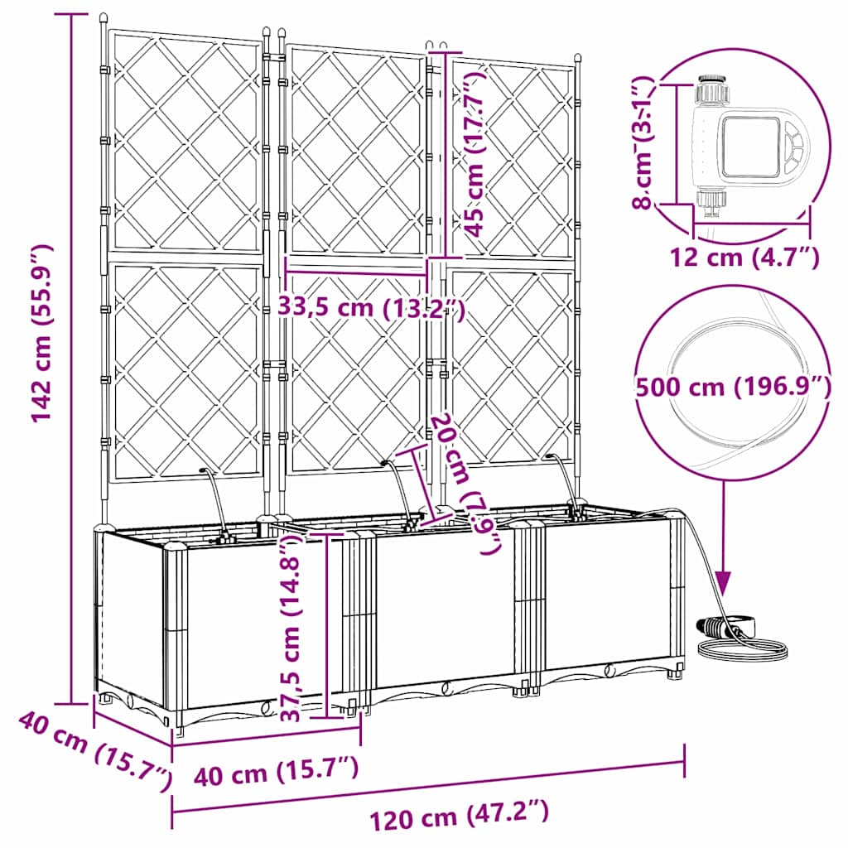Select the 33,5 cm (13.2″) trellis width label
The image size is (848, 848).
(370, 308)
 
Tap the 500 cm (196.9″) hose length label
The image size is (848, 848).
(732, 386)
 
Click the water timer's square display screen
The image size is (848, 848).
(750, 147)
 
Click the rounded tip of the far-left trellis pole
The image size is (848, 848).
(103, 18)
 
